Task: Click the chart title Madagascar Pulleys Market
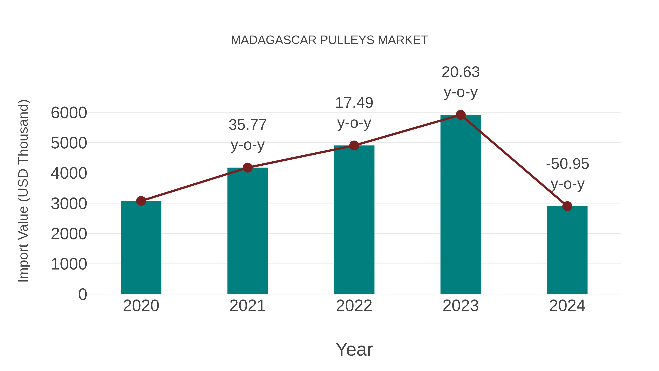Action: [x=329, y=40]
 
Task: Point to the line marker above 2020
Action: [x=141, y=201]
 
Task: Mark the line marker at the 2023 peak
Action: [x=461, y=115]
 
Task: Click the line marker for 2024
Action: [x=567, y=206]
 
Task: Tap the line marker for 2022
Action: [x=354, y=146]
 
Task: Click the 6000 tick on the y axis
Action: [x=69, y=113]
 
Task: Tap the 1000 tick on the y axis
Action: [x=69, y=264]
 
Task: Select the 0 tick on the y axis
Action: [x=83, y=294]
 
